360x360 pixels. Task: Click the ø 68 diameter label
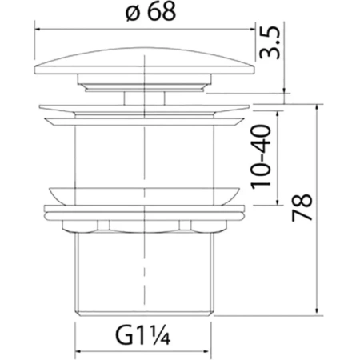pos(150,12)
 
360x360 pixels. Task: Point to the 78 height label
pos(302,207)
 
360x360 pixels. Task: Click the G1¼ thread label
pos(142,335)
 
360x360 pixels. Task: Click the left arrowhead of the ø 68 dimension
pos(38,29)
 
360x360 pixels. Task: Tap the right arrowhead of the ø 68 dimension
pos(252,29)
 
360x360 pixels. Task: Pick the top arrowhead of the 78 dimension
pos(317,107)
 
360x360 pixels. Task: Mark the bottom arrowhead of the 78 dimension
pos(317,313)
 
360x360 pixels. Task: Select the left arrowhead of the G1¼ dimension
pos(78,351)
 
